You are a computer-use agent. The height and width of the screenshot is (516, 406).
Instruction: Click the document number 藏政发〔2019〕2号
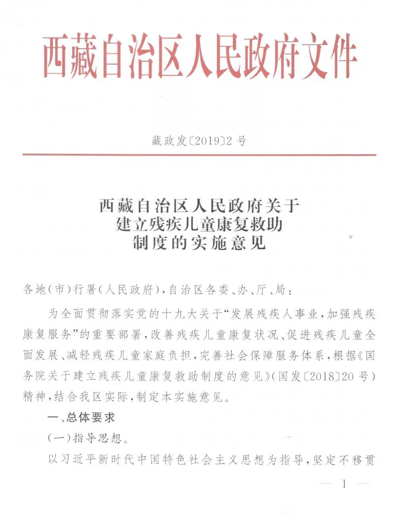[x=199, y=141]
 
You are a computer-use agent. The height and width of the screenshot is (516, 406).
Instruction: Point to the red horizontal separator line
[x=199, y=154]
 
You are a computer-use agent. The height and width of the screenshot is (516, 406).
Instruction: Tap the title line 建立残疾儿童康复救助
[x=199, y=225]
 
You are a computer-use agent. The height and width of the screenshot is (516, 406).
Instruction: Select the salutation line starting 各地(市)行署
[x=159, y=290]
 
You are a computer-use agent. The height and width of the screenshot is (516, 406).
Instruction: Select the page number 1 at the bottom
[x=344, y=484]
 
